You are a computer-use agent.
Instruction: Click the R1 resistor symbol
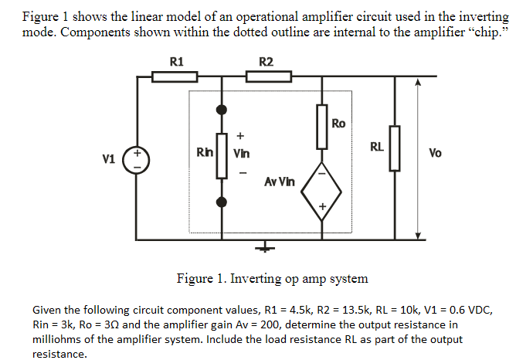[175, 76]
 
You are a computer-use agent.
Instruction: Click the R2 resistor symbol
[268, 76]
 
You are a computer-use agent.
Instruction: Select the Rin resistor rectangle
[222, 155]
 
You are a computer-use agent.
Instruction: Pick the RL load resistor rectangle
[397, 149]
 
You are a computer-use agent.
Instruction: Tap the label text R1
[176, 61]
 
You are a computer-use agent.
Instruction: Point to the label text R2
[266, 61]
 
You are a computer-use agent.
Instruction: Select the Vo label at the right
[435, 153]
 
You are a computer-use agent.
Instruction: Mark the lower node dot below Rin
[222, 202]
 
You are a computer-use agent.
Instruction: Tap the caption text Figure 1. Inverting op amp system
[272, 278]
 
